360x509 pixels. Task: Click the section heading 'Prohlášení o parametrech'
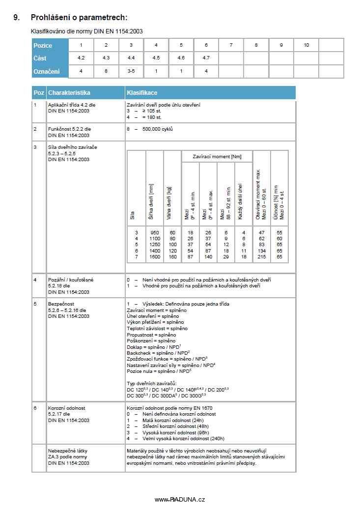(x=79, y=18)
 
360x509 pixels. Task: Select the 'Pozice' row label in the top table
(x=43, y=46)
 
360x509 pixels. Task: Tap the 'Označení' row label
(x=46, y=72)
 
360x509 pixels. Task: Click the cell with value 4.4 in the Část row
(x=131, y=58)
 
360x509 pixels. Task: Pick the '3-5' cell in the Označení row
(x=131, y=71)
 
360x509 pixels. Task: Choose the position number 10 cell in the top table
(x=306, y=45)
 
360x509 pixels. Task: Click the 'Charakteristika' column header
(x=69, y=92)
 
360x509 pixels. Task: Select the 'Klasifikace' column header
(x=142, y=92)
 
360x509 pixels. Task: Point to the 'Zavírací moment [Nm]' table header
(x=216, y=156)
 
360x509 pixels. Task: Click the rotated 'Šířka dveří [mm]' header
(x=154, y=201)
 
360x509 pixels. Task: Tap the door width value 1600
(x=155, y=257)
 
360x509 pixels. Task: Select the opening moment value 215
(x=262, y=257)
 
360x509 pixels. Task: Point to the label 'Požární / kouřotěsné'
(x=71, y=280)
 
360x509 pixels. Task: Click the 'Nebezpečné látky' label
(x=68, y=451)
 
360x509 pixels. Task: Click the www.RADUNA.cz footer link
(x=180, y=499)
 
